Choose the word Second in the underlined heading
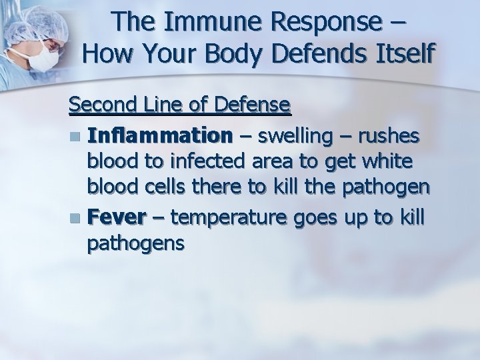(99, 105)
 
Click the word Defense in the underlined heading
(250, 105)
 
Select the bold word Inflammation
(160, 137)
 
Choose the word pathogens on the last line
(135, 244)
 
